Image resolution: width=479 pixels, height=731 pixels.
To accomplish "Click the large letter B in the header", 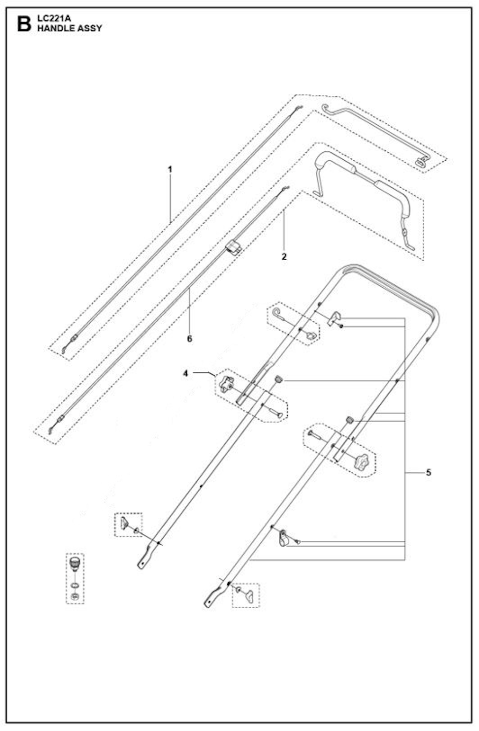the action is tap(24, 24).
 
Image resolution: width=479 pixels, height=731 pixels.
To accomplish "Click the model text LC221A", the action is tap(54, 19).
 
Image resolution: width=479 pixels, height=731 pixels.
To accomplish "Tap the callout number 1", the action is tap(170, 170).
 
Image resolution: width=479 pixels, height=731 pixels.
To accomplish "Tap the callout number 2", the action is tap(284, 256).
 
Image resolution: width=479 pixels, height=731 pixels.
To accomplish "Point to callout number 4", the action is tap(186, 373).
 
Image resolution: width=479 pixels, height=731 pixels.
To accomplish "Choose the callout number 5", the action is tap(428, 473).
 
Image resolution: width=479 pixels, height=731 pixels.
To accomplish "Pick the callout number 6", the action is tap(189, 339).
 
